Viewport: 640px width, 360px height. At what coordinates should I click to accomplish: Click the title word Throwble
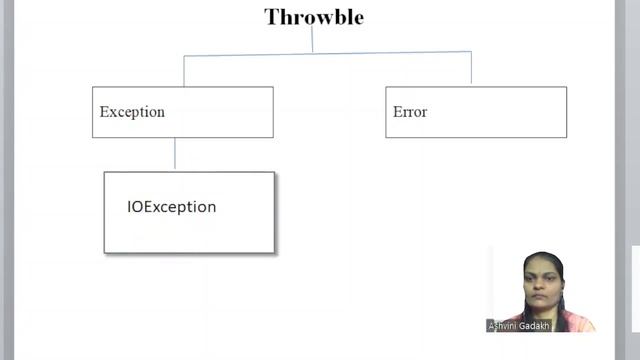[313, 17]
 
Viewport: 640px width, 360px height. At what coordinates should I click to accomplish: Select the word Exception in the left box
[132, 112]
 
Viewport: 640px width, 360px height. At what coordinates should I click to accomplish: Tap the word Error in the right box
[410, 112]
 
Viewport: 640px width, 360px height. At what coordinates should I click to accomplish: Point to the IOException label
[171, 207]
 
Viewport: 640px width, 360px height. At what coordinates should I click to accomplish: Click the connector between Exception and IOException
[175, 154]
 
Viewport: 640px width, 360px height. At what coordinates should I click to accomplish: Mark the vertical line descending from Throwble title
[312, 39]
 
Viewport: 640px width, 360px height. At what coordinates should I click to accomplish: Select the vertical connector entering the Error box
[471, 68]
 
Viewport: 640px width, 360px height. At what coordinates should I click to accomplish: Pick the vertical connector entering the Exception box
[184, 70]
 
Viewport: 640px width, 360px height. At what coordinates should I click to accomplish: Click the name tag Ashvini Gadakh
[516, 326]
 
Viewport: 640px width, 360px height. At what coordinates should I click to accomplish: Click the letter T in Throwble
[270, 17]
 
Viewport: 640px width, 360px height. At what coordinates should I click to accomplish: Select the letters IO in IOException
[135, 207]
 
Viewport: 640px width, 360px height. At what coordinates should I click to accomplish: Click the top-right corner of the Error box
[566, 87]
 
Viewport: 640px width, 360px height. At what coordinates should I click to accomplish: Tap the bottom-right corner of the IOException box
[274, 252]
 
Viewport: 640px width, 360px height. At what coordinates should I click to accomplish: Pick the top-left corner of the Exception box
[93, 87]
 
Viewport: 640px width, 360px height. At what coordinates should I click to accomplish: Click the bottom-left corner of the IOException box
[105, 252]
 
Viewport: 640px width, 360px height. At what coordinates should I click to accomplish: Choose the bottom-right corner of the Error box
[566, 137]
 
